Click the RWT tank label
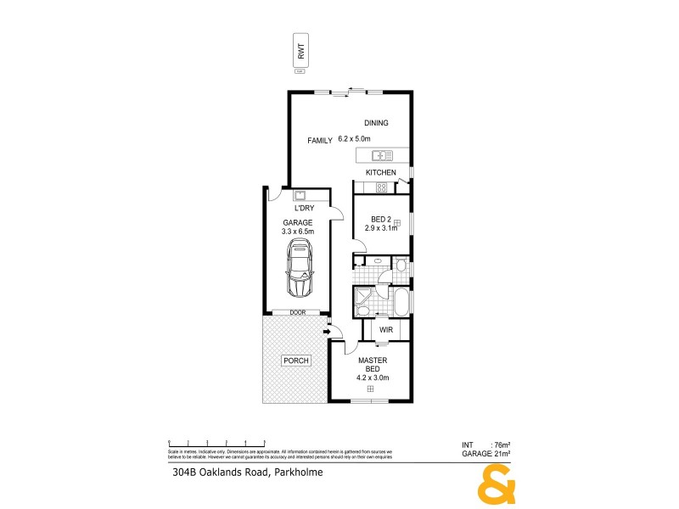[300, 50]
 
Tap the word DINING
[376, 123]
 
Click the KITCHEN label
[381, 173]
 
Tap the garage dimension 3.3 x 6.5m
[298, 231]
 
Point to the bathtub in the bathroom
[398, 300]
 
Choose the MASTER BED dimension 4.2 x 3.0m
[372, 378]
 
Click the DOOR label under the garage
[297, 312]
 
